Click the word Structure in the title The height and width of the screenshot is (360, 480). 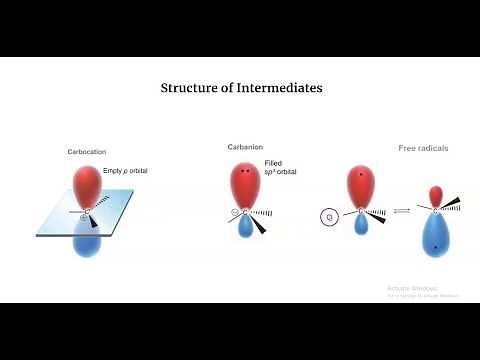click(191, 88)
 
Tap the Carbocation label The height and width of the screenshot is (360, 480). click(88, 152)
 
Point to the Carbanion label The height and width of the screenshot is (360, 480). click(245, 148)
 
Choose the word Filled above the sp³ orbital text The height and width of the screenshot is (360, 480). click(273, 163)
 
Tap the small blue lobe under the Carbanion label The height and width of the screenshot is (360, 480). click(246, 229)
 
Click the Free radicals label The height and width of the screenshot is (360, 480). click(424, 149)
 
